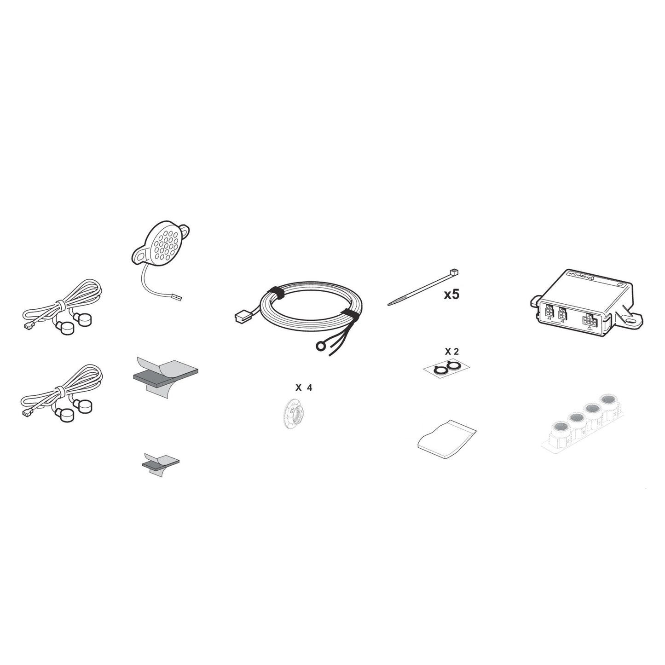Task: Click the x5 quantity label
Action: click(451, 295)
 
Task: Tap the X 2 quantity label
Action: click(451, 352)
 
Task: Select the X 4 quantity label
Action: click(303, 388)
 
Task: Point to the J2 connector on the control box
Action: click(562, 314)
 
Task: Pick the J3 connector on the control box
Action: click(549, 312)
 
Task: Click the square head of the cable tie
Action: click(455, 273)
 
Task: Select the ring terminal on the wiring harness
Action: click(321, 346)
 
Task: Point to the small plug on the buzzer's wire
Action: click(178, 298)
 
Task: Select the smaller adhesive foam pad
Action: click(161, 463)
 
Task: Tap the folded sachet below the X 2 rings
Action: click(446, 439)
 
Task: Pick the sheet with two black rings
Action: click(446, 368)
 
